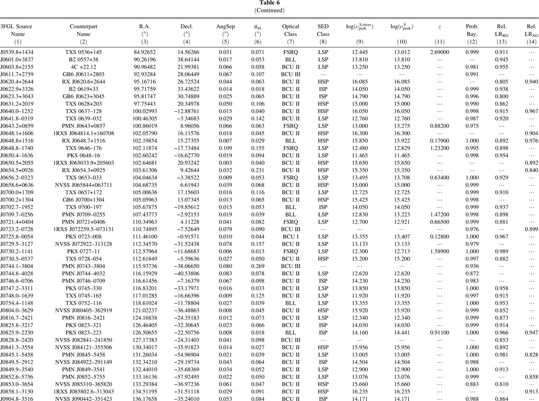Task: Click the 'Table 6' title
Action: (269, 3)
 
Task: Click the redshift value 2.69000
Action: (440, 52)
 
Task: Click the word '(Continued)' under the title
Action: (269, 10)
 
